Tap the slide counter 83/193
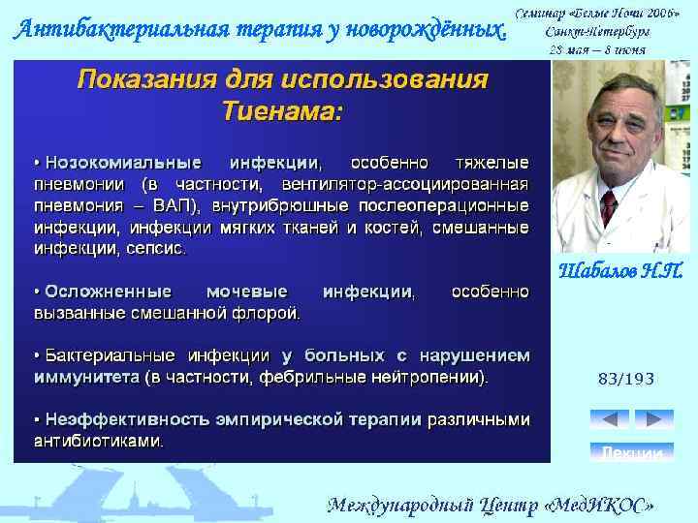(x=625, y=379)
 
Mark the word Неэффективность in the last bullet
(x=120, y=419)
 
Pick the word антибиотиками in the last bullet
(x=98, y=441)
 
